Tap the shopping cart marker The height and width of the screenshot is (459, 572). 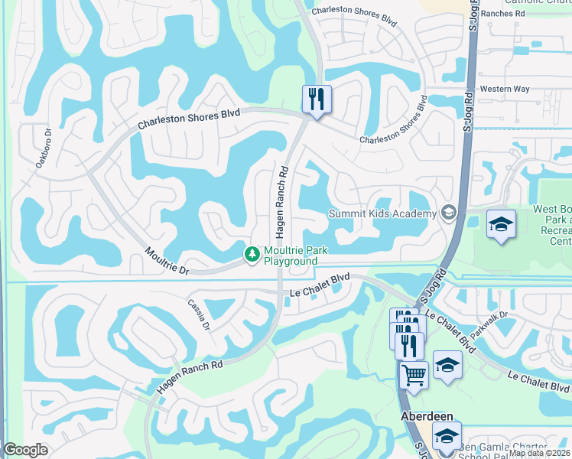(414, 376)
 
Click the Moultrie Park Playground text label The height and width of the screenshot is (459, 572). (291, 256)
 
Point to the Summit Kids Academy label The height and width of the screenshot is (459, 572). (382, 213)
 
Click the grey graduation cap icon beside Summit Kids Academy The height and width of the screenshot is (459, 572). (449, 213)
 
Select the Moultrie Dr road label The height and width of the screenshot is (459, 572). (167, 261)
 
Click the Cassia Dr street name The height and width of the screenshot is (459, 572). (200, 314)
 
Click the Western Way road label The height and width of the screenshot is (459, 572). (505, 90)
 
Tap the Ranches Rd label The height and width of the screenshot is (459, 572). (520, 13)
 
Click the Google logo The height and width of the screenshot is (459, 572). (25, 450)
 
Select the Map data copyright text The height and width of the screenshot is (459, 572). (538, 453)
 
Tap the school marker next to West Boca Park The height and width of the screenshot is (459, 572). (501, 224)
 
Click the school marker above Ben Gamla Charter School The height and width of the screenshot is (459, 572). (447, 435)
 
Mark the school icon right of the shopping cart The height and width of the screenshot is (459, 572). (447, 365)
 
